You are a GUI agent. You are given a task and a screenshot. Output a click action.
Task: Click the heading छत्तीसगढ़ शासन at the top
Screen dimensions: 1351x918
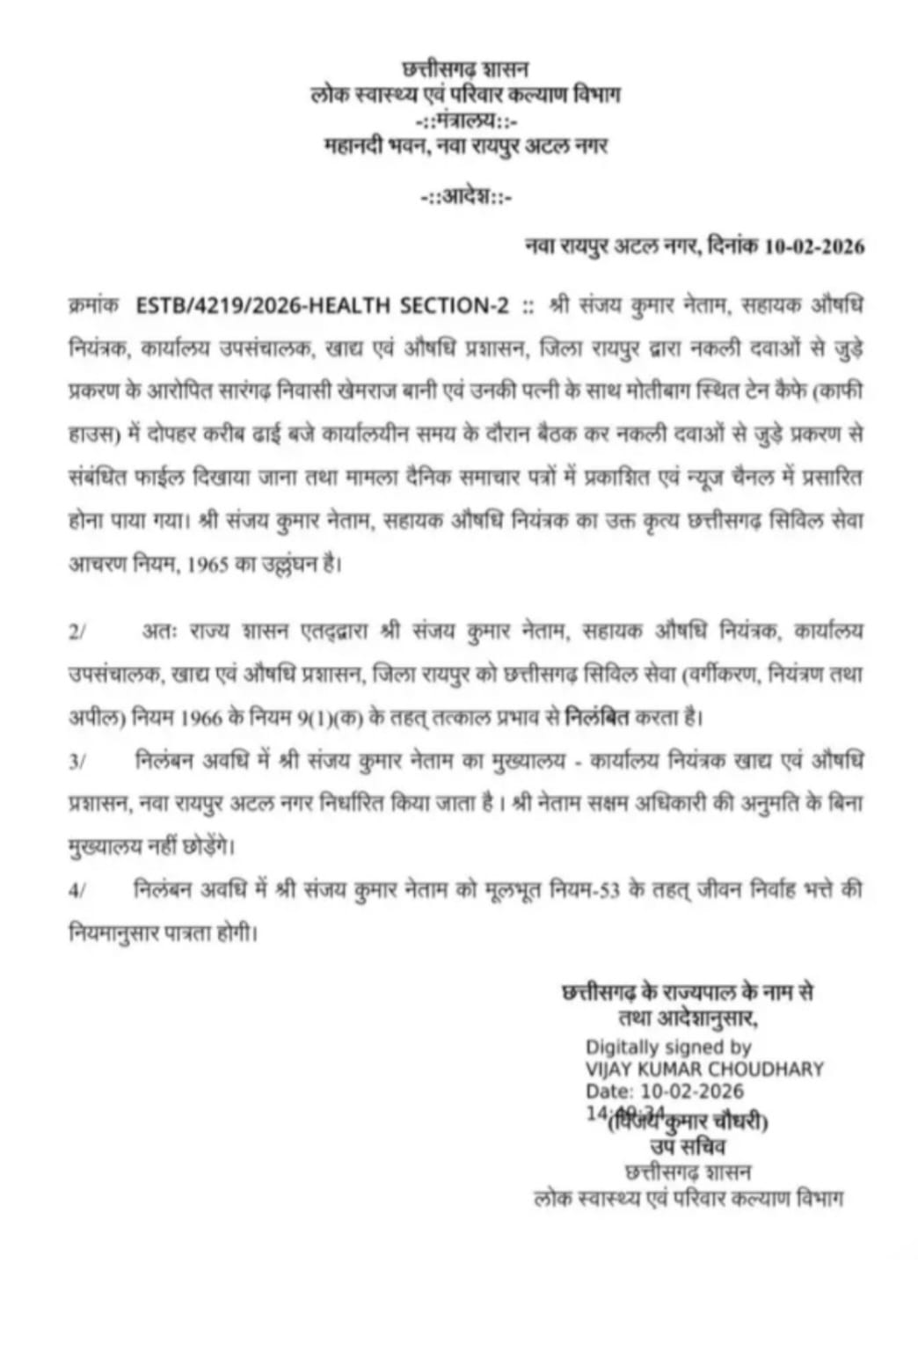coord(465,68)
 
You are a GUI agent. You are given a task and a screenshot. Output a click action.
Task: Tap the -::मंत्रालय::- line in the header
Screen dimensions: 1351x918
coord(465,120)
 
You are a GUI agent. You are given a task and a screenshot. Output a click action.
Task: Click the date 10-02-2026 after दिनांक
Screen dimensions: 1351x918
coord(814,247)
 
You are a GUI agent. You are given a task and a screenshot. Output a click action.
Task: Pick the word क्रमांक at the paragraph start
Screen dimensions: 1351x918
coord(91,307)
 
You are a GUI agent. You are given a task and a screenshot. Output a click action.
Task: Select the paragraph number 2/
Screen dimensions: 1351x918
coord(76,632)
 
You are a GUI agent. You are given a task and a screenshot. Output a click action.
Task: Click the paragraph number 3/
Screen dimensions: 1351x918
coord(76,763)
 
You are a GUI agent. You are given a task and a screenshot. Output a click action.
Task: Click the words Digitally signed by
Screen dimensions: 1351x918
coord(668,1047)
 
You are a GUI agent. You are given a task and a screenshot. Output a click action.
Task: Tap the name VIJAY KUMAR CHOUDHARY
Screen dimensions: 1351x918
coord(704,1070)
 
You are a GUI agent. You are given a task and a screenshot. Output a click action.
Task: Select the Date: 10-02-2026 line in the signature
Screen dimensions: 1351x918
coord(665,1092)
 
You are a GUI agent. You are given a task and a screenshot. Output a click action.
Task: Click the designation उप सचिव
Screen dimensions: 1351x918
coord(688,1147)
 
